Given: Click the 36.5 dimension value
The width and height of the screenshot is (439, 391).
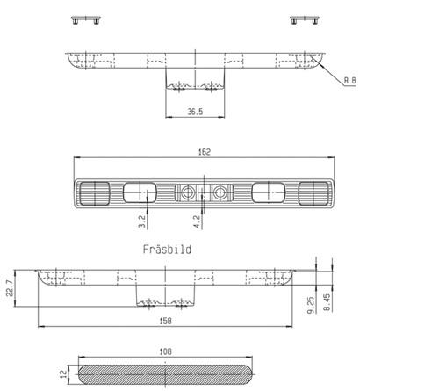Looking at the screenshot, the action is pos(195,112).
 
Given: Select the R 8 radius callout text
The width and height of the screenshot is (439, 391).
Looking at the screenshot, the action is pos(349,80).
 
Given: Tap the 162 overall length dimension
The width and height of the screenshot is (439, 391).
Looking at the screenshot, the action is pos(204,152).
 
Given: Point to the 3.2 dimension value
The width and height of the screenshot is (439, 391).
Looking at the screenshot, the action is pos(142,221).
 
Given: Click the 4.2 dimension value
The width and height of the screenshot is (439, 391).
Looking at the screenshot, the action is pos(197,221).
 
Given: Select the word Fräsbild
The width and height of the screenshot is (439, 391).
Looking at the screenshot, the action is pos(167,250).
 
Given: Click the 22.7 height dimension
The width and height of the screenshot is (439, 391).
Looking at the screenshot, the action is pos(10,288).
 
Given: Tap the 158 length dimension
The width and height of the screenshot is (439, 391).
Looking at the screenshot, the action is pos(165,321).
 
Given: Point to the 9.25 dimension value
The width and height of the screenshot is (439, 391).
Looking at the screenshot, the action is pos(311,305).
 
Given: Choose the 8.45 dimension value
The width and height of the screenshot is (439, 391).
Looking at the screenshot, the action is pos(327,302).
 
